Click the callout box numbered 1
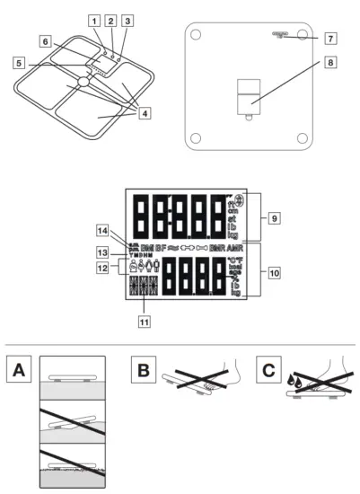pos(94,20)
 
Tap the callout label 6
pos(45,41)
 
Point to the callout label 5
pos(19,63)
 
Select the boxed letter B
pos(141,369)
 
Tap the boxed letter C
pos(267,369)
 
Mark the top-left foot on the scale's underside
pos(196,36)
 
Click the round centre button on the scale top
pos(83,81)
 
